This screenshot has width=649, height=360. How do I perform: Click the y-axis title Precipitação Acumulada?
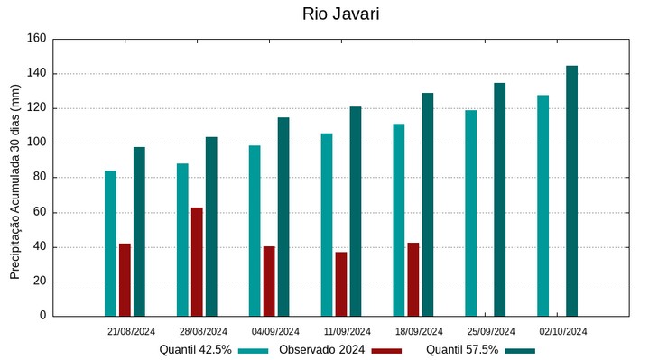point(14,180)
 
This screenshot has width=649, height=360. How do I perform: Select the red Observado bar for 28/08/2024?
point(197,262)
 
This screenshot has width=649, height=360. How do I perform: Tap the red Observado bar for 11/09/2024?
point(341,283)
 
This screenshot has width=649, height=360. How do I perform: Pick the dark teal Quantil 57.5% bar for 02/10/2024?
point(571,190)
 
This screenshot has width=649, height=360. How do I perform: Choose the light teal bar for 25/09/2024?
point(470,213)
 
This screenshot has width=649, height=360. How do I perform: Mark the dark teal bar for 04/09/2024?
point(283,217)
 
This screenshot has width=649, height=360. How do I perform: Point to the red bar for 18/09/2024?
point(413,279)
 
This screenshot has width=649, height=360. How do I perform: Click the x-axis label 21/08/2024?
point(131,331)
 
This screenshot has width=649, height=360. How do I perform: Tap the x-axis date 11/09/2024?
point(348,331)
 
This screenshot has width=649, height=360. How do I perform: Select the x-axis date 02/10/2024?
point(563,331)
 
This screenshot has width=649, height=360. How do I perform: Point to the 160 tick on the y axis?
point(36,39)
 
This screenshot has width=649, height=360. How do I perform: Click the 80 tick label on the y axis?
point(39,178)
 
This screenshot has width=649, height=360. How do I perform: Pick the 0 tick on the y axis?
point(42,316)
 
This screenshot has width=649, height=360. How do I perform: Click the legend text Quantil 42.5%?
point(196,349)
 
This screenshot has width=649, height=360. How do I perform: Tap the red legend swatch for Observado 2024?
point(386,350)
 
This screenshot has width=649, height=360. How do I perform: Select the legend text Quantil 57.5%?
point(462,349)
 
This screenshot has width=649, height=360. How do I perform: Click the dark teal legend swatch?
point(520,350)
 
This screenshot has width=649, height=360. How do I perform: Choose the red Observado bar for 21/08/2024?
point(125,280)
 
